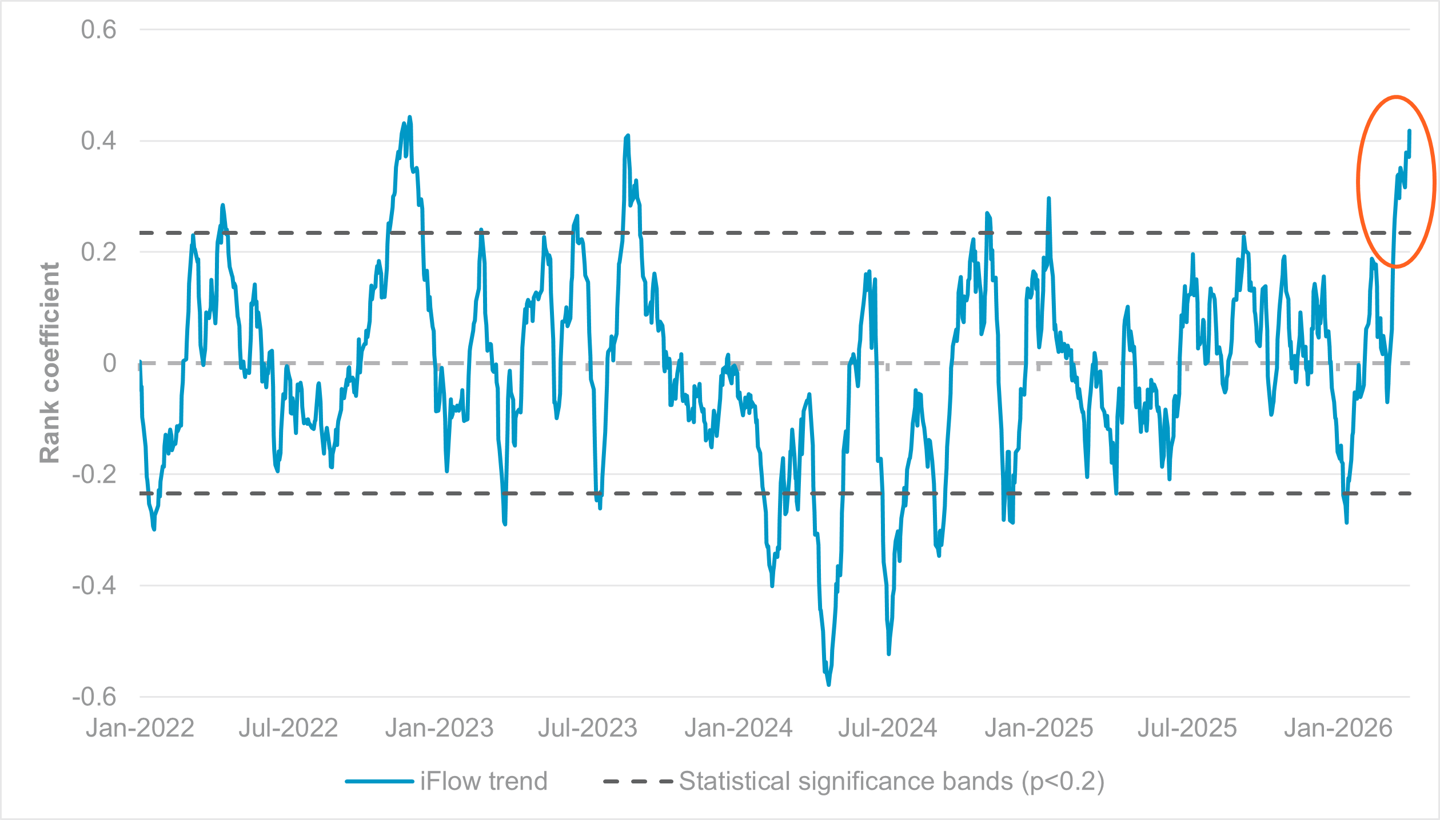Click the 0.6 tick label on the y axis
(x=98, y=30)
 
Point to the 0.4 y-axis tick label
(x=98, y=141)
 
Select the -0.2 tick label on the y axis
(x=94, y=474)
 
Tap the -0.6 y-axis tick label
(x=94, y=697)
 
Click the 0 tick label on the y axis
(x=109, y=363)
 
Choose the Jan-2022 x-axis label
(x=140, y=728)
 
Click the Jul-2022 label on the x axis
(x=288, y=728)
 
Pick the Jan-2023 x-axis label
(x=439, y=728)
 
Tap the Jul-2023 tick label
(x=588, y=728)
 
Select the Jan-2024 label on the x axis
(x=739, y=728)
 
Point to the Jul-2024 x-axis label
(x=887, y=728)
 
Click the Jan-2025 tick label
(x=1039, y=728)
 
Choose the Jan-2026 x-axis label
(x=1338, y=728)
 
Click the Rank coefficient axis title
(x=50, y=362)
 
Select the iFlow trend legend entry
(x=484, y=781)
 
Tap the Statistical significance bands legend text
(x=891, y=781)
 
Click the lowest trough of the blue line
(x=828, y=684)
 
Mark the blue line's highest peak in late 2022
(x=409, y=117)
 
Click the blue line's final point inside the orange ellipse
(x=1409, y=131)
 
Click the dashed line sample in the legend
(x=638, y=781)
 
